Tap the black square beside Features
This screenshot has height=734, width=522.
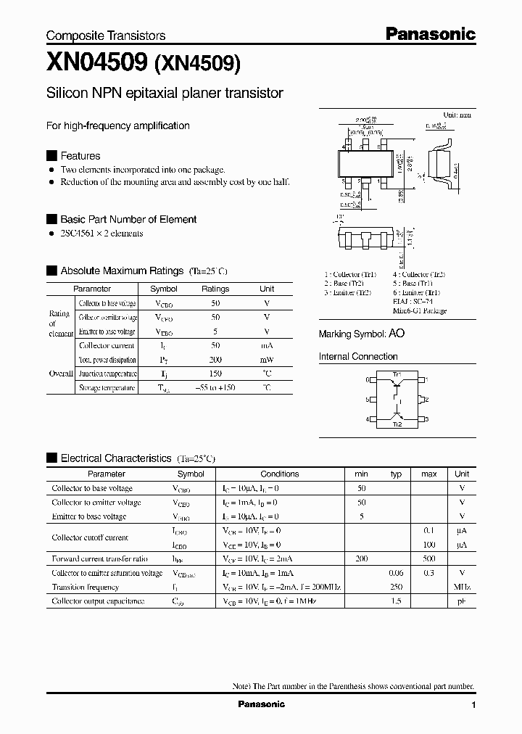(x=51, y=156)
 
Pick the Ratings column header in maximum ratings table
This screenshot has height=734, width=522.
(x=215, y=289)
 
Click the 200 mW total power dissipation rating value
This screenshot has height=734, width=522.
(x=215, y=360)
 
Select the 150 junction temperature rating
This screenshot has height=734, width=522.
(x=215, y=374)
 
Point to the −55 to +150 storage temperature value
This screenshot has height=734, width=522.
(x=215, y=388)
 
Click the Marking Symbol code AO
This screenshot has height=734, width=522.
(x=397, y=334)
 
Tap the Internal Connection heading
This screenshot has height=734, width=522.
(x=358, y=357)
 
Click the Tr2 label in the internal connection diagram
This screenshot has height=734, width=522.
(x=397, y=424)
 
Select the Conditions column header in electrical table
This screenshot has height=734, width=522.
(x=280, y=474)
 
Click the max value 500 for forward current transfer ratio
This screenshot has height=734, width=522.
(x=428, y=558)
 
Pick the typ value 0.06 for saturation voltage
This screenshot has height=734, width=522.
(x=396, y=573)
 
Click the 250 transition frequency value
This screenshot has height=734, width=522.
(x=396, y=587)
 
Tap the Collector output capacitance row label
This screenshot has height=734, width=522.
(x=98, y=601)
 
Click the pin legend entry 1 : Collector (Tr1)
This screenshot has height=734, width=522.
(x=350, y=274)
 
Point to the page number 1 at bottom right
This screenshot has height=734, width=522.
(x=473, y=705)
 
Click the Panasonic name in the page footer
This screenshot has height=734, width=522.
(x=262, y=704)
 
